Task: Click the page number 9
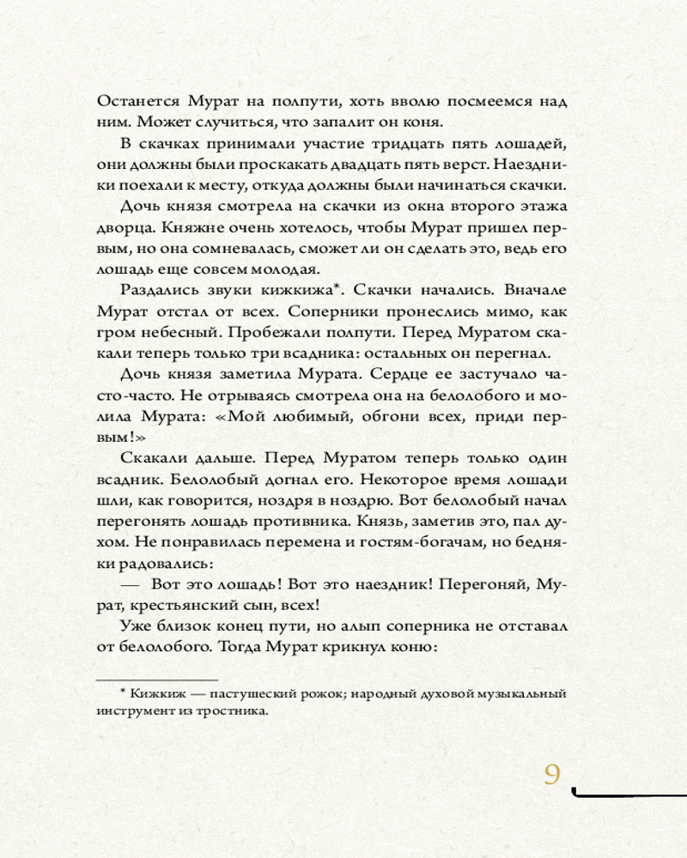point(552,774)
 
